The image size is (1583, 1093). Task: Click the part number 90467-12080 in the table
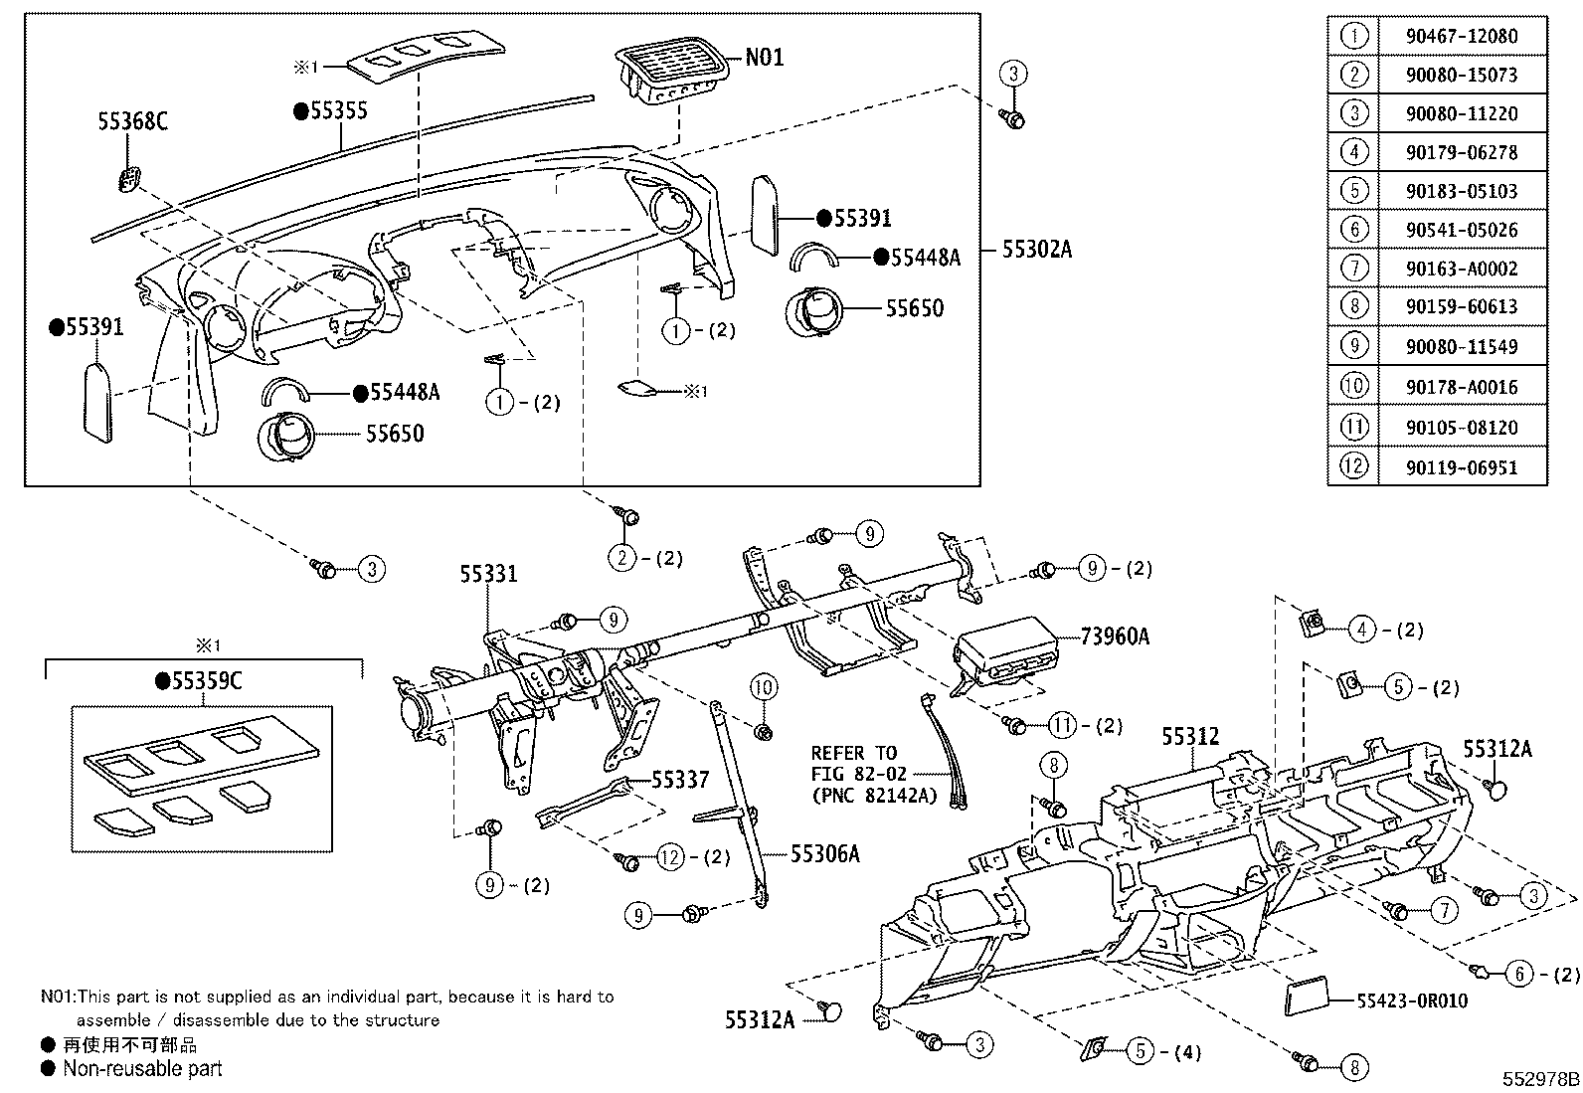coord(1462,36)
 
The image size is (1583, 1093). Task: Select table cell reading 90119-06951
coord(1462,467)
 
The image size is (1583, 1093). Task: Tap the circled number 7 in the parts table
coord(1354,268)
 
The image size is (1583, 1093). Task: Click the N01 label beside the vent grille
coord(765,57)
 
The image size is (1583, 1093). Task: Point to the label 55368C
coord(133,121)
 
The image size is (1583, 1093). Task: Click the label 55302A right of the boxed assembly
coord(1037,250)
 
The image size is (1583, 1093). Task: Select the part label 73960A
coord(1115,637)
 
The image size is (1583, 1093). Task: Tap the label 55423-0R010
coord(1412,1001)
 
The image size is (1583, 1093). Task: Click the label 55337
coord(680,779)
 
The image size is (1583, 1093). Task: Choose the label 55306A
coord(824,854)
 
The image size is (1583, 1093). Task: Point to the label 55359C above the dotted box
coord(199,681)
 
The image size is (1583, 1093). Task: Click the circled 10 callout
coord(764,687)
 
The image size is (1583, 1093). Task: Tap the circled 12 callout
coord(670,857)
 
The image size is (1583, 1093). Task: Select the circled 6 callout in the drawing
coord(1519,975)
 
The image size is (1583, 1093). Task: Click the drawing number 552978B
coord(1540,1079)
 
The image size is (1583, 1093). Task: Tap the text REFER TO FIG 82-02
coord(859,763)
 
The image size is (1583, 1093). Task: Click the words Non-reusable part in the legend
coord(143,1068)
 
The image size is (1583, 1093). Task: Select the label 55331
coord(489,574)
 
